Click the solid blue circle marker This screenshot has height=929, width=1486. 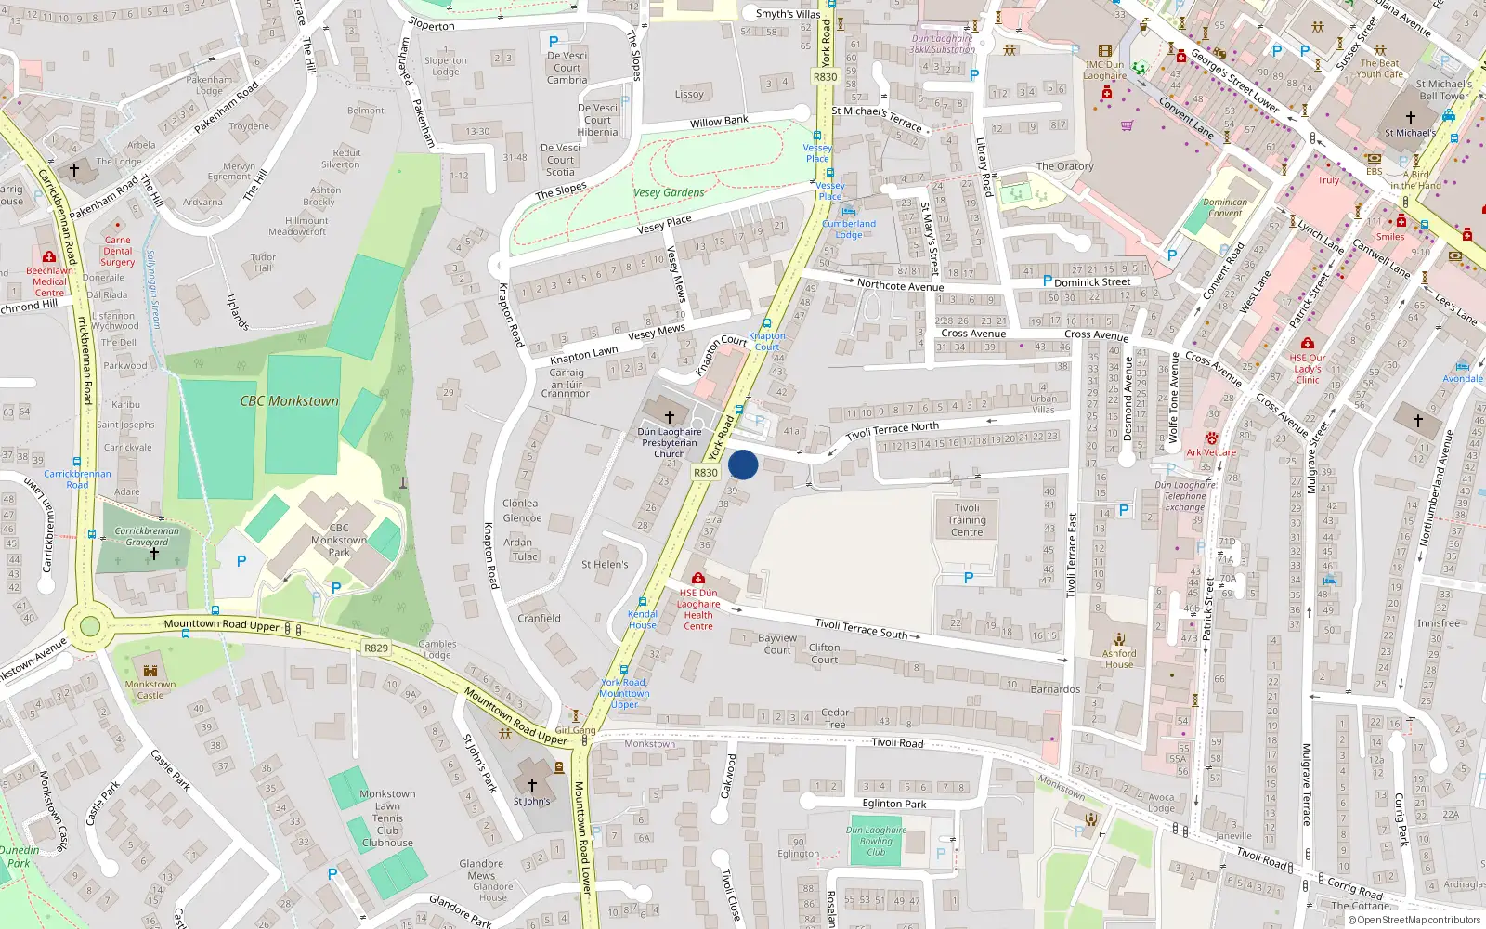(x=743, y=464)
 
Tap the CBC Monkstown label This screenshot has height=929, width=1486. (x=289, y=401)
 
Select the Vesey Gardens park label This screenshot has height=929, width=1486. (x=669, y=192)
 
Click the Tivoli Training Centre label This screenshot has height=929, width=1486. (x=967, y=520)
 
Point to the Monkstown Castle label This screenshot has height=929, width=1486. (x=150, y=689)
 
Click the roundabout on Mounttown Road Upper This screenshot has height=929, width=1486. (x=90, y=626)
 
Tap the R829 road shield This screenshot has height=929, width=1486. (x=376, y=648)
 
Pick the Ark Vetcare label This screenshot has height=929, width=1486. (x=1211, y=452)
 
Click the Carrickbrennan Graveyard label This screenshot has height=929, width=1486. (x=147, y=537)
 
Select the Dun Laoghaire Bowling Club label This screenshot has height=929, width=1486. (x=876, y=841)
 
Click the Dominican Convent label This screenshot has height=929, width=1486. (x=1225, y=207)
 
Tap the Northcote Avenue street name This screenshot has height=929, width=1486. (x=900, y=285)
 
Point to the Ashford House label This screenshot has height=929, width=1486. (x=1119, y=659)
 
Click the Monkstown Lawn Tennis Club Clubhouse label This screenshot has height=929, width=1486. (x=387, y=818)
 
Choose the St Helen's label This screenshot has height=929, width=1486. (x=605, y=564)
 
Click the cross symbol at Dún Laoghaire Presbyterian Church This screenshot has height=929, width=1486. (x=669, y=417)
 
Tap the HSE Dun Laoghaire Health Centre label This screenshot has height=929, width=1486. (x=698, y=609)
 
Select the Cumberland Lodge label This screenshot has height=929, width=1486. (x=849, y=229)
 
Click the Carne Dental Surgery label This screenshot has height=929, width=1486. (x=118, y=251)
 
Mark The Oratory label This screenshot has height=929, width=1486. (x=1064, y=166)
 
